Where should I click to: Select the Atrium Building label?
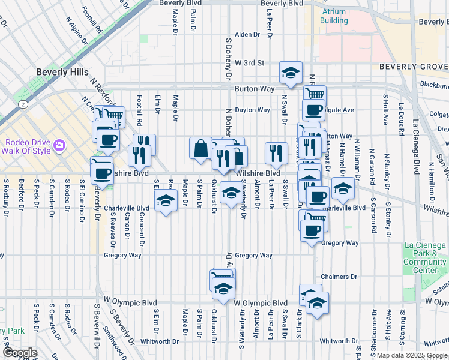[334, 16]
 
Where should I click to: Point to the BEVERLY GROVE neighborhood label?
[414, 66]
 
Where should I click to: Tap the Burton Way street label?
[255, 89]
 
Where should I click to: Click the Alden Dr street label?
[247, 34]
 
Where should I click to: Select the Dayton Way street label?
[252, 110]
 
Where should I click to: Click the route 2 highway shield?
[23, 104]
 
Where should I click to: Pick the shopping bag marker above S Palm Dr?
[200, 148]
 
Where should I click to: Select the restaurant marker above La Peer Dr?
[276, 153]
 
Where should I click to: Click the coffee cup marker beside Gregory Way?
[311, 230]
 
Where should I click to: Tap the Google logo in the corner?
[20, 353]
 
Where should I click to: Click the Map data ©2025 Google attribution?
[412, 355]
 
